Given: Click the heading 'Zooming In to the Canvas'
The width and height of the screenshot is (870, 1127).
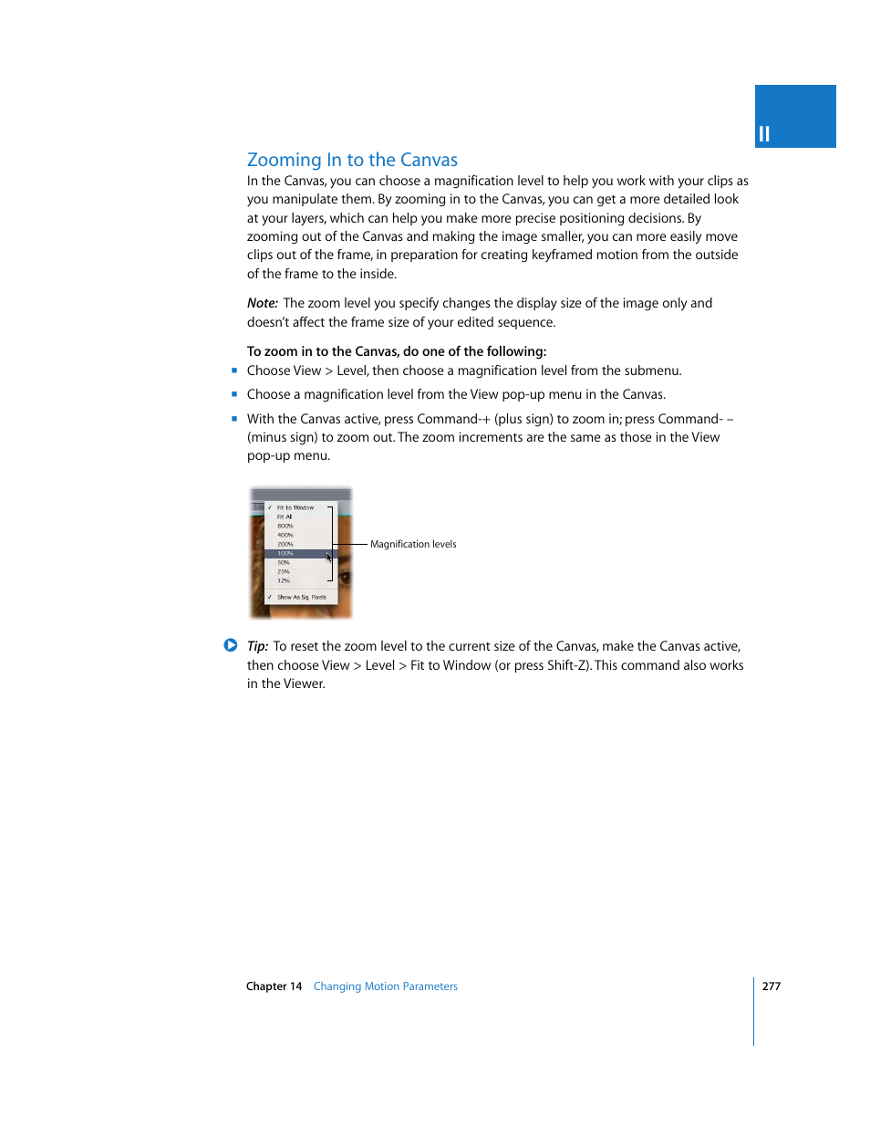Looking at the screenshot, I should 352,160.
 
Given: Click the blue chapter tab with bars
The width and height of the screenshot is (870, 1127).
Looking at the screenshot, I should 794,117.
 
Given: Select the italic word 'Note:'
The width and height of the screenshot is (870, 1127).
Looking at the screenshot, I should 262,303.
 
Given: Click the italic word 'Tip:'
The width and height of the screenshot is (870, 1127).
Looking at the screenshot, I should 257,646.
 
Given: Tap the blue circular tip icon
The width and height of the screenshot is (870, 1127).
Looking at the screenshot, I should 231,645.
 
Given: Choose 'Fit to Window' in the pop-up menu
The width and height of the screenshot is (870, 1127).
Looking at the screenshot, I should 295,507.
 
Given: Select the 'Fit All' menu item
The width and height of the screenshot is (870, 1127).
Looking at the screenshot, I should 285,517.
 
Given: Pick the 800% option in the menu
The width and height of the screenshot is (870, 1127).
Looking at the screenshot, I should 285,526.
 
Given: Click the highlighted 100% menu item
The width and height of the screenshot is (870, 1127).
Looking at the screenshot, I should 286,553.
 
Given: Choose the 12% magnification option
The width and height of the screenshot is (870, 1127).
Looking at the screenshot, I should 284,580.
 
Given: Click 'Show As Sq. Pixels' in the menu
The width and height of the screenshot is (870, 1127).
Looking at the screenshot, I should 301,597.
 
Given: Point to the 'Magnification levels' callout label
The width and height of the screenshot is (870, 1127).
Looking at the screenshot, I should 413,544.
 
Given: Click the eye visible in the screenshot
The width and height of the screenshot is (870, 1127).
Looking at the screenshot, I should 346,577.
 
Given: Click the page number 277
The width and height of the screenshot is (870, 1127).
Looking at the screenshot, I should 772,986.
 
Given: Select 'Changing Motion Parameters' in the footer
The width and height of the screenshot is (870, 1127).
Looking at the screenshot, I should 385,986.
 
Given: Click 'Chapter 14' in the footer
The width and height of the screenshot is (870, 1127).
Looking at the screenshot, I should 274,986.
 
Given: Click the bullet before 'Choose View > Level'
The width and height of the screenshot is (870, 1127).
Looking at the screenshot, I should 234,370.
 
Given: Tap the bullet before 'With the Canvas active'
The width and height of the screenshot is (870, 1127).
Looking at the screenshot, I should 234,419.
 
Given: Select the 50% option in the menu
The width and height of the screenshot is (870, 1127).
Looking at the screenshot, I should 284,562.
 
